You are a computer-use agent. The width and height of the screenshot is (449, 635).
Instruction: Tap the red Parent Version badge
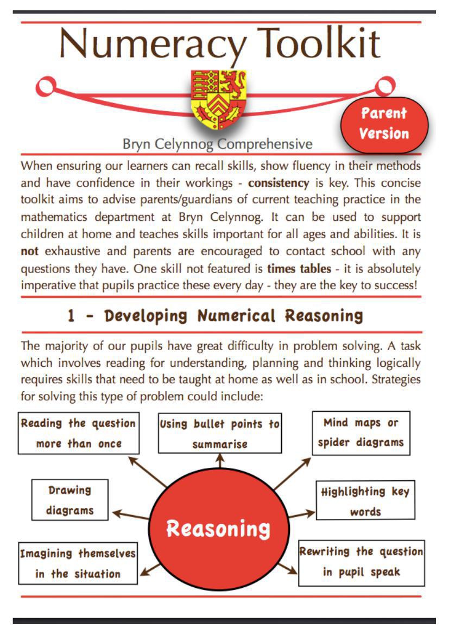(x=384, y=123)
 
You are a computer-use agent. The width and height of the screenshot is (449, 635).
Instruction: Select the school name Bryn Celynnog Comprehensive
(x=217, y=144)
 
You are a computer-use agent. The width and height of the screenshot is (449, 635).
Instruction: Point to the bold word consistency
(x=279, y=183)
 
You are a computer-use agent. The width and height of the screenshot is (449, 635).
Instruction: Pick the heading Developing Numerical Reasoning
(x=214, y=316)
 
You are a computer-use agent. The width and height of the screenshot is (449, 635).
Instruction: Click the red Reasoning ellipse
(x=218, y=528)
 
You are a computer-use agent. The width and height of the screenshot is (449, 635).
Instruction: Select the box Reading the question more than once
(x=79, y=433)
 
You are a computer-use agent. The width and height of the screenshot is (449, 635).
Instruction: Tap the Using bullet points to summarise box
(x=220, y=434)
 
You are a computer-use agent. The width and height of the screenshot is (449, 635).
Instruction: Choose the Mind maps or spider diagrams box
(x=361, y=432)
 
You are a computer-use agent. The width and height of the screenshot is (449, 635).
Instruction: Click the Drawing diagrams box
(x=70, y=500)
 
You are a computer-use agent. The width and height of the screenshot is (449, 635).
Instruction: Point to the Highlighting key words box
(x=365, y=501)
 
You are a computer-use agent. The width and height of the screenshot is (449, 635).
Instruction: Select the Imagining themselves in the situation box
(x=78, y=563)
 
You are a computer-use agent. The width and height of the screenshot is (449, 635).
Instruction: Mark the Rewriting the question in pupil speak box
(x=361, y=562)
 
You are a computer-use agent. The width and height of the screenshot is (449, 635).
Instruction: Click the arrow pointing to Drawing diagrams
(x=130, y=514)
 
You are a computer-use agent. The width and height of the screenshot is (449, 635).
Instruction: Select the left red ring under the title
(x=47, y=86)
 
